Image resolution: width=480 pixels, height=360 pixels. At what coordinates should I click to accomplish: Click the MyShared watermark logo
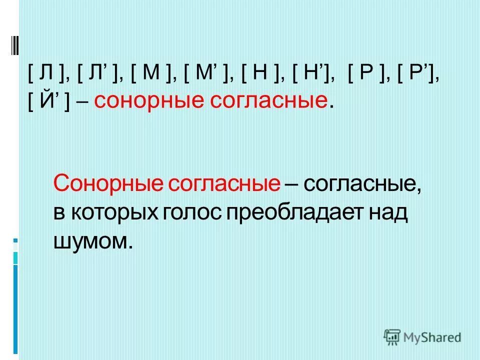[423, 336]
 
